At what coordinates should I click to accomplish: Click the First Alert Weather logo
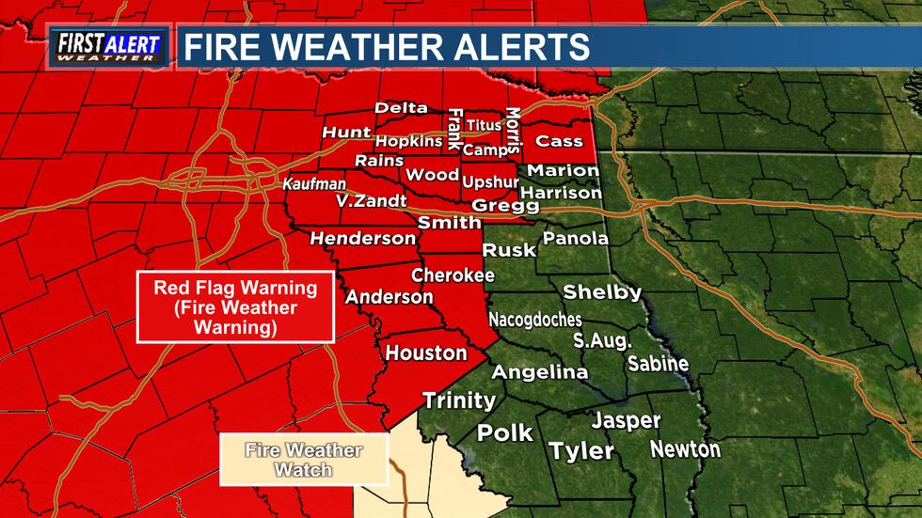[109, 47]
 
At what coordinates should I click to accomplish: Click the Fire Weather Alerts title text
[386, 46]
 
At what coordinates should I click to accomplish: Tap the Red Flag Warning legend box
[235, 307]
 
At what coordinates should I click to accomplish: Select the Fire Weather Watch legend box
[303, 459]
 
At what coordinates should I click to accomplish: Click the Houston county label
[426, 353]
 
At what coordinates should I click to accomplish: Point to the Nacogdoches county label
[534, 320]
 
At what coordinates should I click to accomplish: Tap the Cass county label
[553, 142]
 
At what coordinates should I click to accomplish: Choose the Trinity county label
[459, 400]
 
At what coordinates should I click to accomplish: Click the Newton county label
[685, 449]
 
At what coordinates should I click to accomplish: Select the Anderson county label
[389, 297]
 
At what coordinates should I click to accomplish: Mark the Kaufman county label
[314, 184]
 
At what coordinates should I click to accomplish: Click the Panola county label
[576, 239]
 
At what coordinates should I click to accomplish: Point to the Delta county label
[401, 108]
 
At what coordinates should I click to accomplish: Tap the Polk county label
[505, 433]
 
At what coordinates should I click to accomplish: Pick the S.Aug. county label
[602, 339]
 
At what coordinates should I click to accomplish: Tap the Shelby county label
[602, 292]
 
